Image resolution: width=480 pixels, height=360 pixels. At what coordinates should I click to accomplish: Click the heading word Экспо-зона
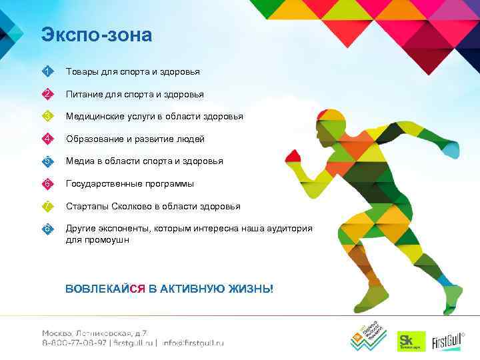[96, 35]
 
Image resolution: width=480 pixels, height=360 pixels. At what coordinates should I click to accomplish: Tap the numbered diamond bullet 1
[47, 71]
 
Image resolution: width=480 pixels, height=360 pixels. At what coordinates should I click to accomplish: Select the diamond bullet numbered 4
[47, 139]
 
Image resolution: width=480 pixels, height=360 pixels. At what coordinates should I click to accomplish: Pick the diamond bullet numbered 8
[47, 229]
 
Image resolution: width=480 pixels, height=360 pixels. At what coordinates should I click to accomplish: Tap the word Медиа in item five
[79, 161]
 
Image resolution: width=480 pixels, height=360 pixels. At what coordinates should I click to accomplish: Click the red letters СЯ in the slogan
[137, 288]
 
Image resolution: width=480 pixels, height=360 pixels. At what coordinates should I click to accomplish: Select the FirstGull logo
[448, 341]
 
